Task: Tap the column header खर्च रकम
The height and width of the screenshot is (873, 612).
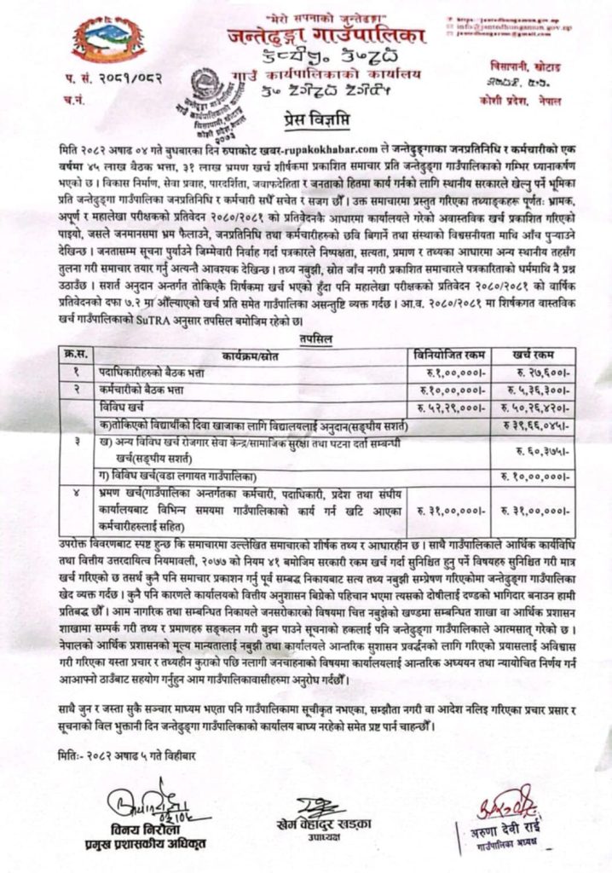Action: tap(540, 352)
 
